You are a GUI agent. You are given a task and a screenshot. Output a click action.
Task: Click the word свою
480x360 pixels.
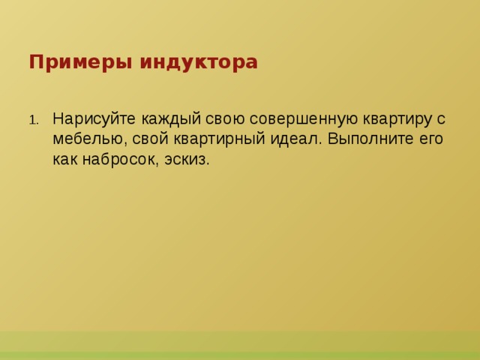(214, 120)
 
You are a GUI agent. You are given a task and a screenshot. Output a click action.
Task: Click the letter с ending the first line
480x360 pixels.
(442, 120)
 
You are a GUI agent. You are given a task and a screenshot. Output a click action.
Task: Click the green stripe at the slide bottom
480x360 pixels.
(240, 346)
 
